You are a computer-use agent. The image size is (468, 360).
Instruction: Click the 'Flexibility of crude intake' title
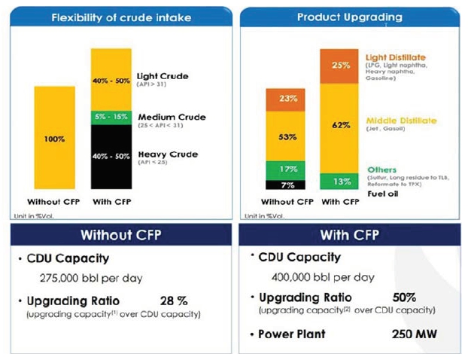[120, 17]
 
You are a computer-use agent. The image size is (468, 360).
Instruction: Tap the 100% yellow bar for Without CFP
[53, 139]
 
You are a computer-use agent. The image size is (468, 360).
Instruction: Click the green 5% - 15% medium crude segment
[111, 117]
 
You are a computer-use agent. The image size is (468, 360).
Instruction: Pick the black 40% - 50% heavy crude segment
[111, 156]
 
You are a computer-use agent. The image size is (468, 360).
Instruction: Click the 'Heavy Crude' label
[167, 154]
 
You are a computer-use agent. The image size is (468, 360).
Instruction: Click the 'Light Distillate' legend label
[395, 57]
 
